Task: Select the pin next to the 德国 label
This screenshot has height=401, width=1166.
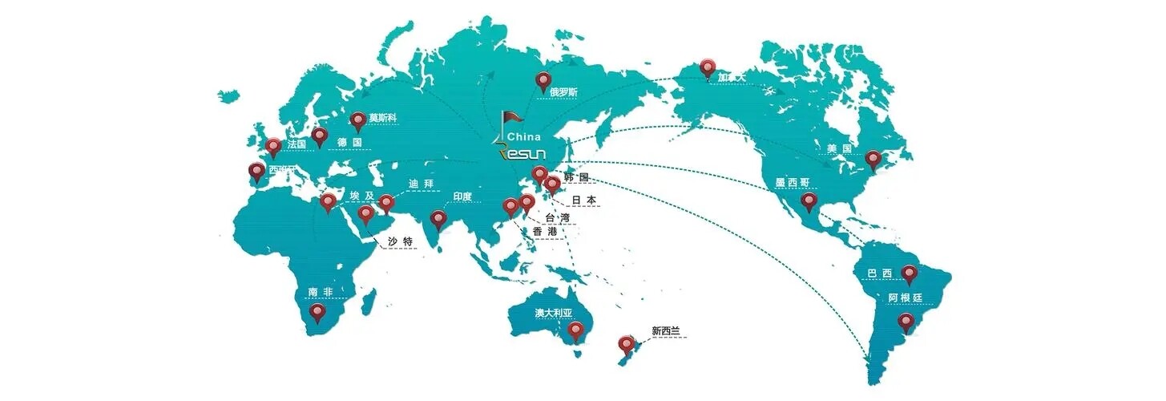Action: click(x=320, y=136)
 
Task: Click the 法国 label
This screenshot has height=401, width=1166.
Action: click(x=297, y=143)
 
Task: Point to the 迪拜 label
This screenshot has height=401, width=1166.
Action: click(x=421, y=184)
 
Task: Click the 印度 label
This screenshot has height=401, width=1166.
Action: click(x=462, y=196)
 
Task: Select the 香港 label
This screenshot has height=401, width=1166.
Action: click(x=544, y=231)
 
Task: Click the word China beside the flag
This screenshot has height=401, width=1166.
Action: click(x=524, y=137)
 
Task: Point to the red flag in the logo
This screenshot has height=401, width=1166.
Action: click(x=510, y=121)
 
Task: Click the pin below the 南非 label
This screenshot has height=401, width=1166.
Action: click(x=318, y=312)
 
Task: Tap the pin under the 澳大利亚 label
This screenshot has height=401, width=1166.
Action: click(x=575, y=330)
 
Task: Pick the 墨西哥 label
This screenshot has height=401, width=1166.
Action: click(x=792, y=183)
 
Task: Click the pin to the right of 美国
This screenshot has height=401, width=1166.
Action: click(x=873, y=160)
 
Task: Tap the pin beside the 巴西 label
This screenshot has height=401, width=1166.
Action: click(x=909, y=274)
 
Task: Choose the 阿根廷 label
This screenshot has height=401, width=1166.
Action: click(x=906, y=298)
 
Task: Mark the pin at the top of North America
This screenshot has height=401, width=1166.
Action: click(x=707, y=67)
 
